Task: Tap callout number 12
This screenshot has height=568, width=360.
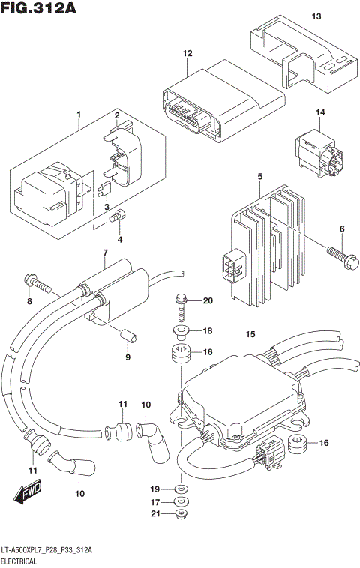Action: (x=188, y=54)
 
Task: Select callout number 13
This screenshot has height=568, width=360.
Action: (x=316, y=16)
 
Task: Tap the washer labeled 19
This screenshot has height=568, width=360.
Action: (x=181, y=488)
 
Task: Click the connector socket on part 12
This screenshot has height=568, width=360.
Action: (x=182, y=112)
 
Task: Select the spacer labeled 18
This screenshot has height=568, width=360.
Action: (x=181, y=330)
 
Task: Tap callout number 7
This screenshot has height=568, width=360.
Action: (x=104, y=253)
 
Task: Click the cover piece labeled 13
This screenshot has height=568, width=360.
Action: (x=300, y=56)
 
